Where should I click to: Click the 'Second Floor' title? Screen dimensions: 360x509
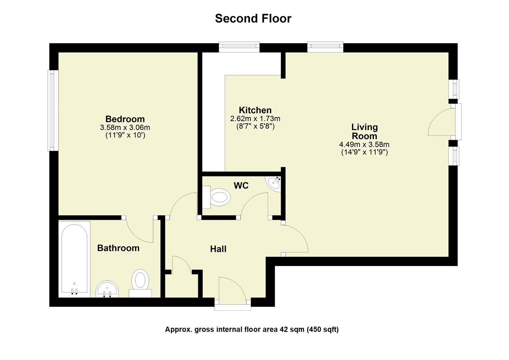(x=253, y=18)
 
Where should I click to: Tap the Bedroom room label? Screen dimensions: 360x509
(x=125, y=119)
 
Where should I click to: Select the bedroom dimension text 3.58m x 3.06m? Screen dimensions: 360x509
(x=125, y=127)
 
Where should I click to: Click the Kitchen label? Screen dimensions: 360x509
(x=255, y=110)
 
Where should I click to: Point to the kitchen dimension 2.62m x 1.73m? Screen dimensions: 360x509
(x=255, y=119)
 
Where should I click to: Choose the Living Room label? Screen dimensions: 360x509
(x=364, y=131)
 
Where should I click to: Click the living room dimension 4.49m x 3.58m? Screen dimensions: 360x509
(x=364, y=145)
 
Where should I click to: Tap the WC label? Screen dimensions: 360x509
(x=241, y=186)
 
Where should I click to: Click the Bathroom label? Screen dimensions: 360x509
(x=118, y=248)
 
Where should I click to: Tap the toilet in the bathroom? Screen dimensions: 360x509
(x=140, y=283)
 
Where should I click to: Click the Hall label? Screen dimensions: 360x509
(x=218, y=249)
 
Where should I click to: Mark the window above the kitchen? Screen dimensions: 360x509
(x=239, y=47)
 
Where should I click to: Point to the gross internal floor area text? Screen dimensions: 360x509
(x=252, y=330)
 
